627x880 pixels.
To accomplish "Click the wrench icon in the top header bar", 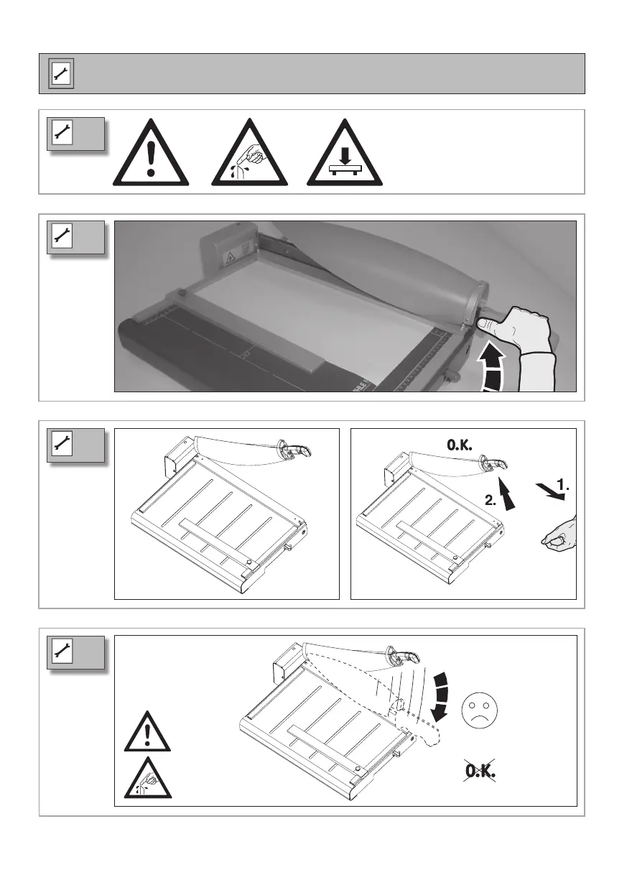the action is coord(61,73).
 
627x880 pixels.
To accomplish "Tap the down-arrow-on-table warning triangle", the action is coord(345,153).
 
